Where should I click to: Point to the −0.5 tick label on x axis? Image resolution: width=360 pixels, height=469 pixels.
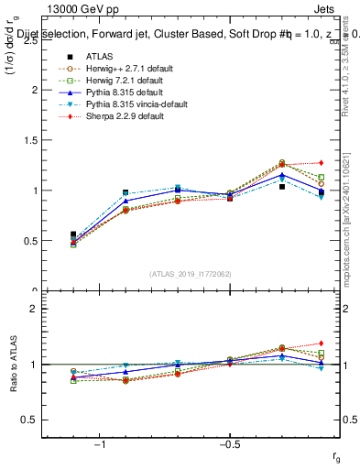tap(229, 445)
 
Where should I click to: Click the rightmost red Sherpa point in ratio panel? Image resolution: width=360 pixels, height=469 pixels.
tap(321, 344)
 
